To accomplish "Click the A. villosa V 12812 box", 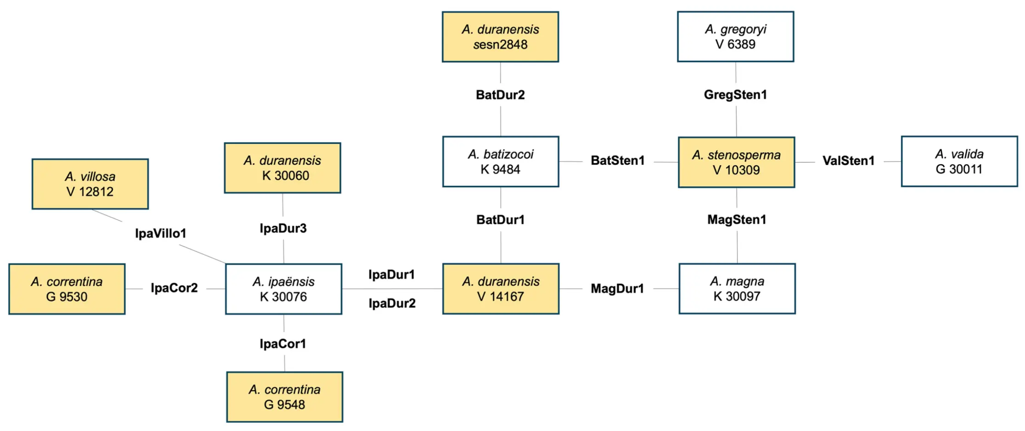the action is click(90, 184).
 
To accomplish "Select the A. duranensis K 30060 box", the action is click(282, 168).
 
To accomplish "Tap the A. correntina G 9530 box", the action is click(67, 289).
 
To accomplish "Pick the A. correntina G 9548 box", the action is click(285, 397).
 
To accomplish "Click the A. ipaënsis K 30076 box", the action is click(284, 289).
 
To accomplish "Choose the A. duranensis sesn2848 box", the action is click(501, 37).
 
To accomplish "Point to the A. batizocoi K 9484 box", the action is click(501, 161).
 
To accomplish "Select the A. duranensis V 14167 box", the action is click(501, 289).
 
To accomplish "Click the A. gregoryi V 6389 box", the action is click(736, 37).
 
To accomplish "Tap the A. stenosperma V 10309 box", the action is click(737, 162).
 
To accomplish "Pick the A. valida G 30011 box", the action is click(959, 161).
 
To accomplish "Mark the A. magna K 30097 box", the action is click(738, 289).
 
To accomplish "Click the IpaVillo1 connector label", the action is click(161, 233).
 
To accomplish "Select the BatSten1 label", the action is click(618, 160).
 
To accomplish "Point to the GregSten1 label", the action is click(736, 95).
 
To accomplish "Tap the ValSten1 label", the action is click(849, 161).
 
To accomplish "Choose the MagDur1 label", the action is click(617, 288).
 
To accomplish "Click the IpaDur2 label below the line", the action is click(392, 303).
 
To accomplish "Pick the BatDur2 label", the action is click(501, 95).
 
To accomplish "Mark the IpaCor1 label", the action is click(283, 344).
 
